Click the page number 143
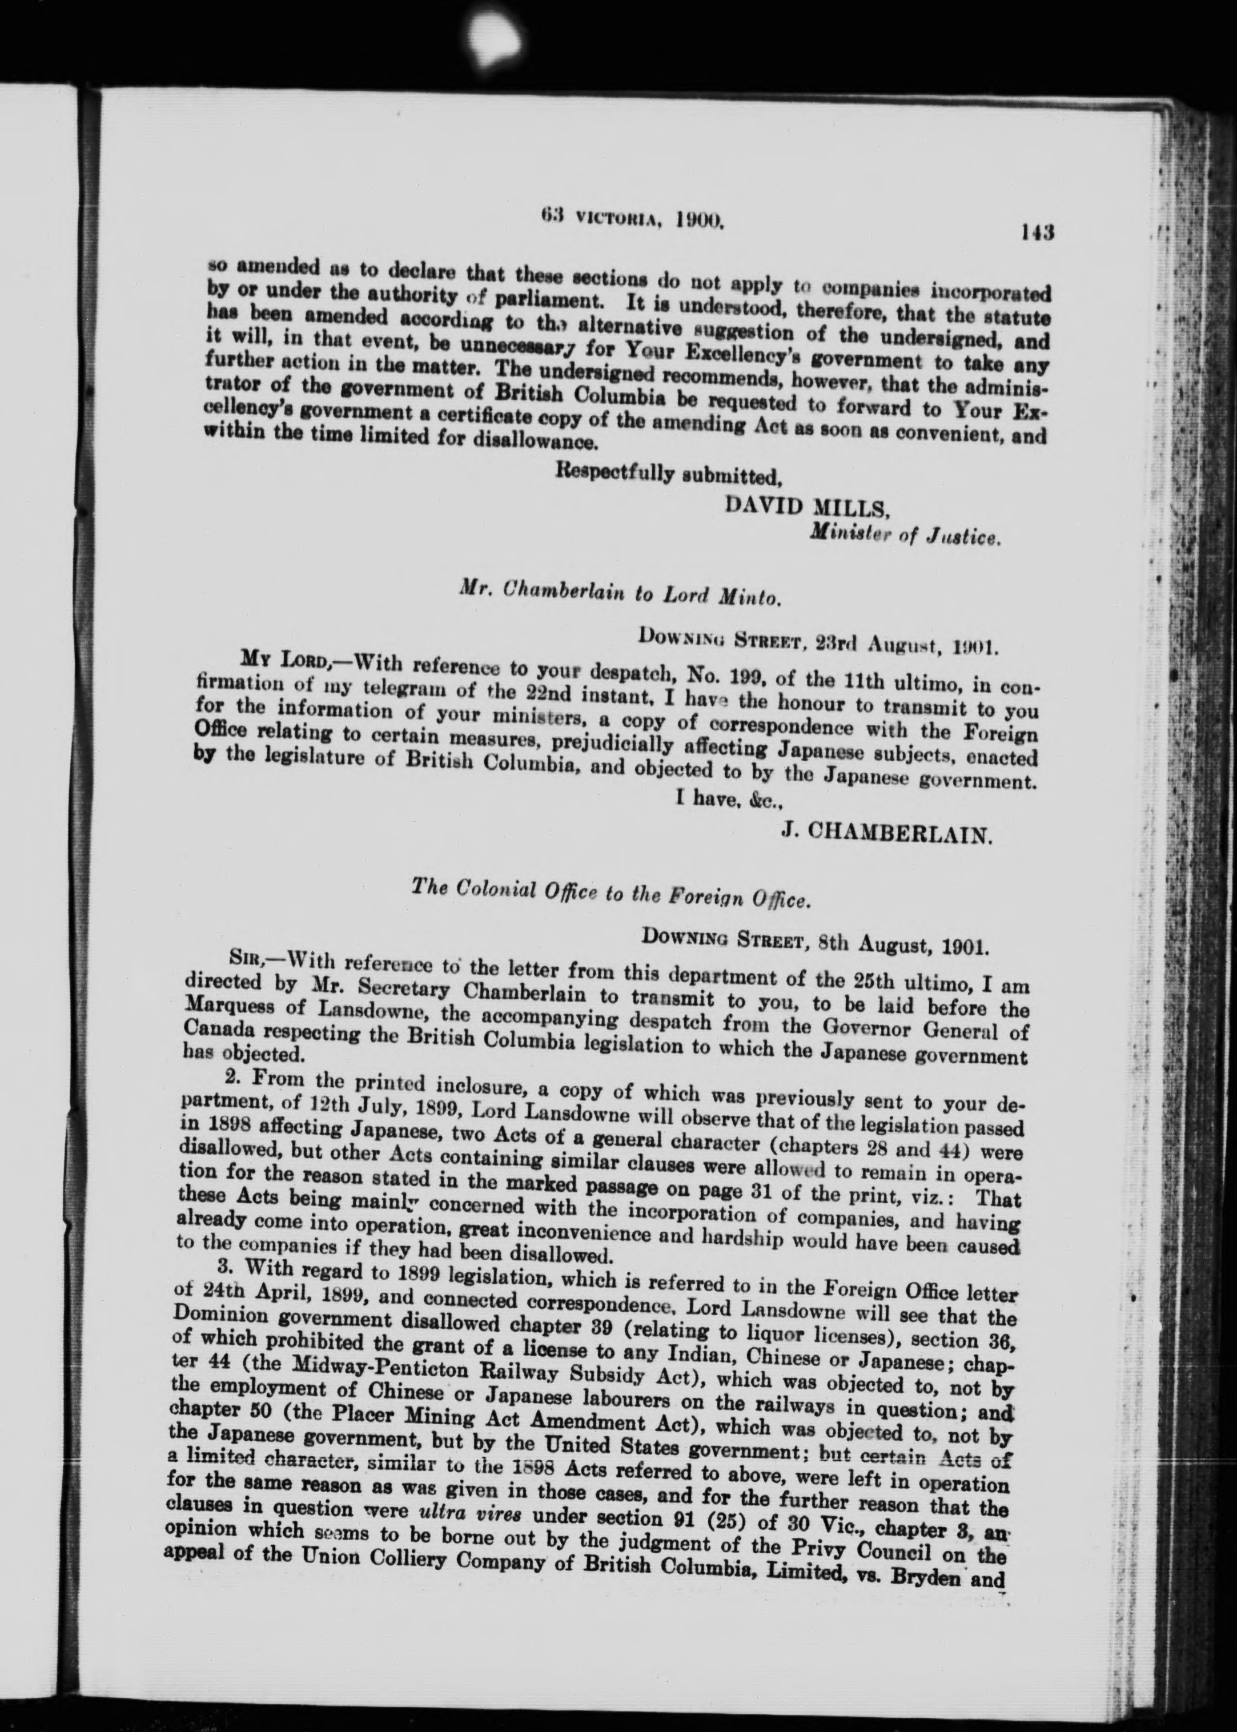pyautogui.click(x=1038, y=231)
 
